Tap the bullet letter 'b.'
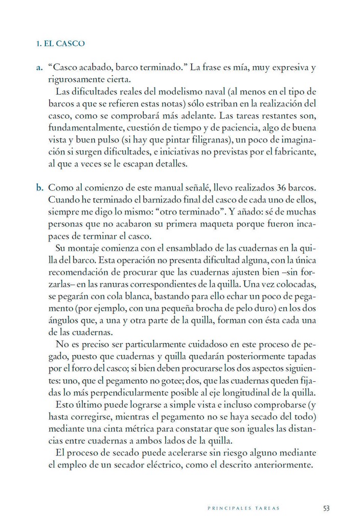[x=39, y=187]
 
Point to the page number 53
[x=326, y=508]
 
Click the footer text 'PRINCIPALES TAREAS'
[x=243, y=509]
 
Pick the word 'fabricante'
[x=295, y=151]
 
